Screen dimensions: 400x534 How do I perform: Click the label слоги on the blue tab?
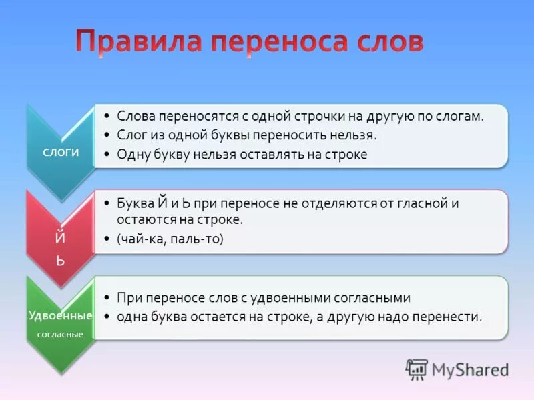click(x=61, y=151)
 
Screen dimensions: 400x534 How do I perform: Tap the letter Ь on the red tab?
click(x=60, y=261)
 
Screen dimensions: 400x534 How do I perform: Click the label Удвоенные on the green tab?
click(x=60, y=315)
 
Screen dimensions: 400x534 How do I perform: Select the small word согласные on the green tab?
click(x=60, y=334)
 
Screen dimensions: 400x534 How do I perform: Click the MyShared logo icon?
click(x=417, y=369)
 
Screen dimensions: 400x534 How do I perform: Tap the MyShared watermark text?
click(x=470, y=370)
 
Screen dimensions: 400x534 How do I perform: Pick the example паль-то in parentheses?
click(x=195, y=239)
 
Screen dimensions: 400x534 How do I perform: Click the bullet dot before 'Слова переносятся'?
click(x=108, y=115)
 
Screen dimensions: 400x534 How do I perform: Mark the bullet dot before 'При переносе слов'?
click(x=108, y=297)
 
